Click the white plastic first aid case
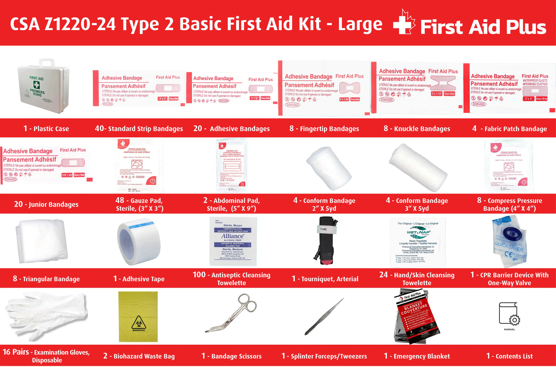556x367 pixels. [43, 87]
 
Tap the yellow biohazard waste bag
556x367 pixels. [138, 317]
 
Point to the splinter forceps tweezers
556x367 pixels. [324, 316]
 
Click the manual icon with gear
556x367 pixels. [509, 315]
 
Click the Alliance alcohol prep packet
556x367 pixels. [233, 241]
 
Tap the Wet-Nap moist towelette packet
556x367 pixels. [418, 242]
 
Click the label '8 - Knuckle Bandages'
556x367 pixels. [417, 128]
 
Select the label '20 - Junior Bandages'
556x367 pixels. [46, 204]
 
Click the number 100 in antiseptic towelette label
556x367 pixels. [199, 275]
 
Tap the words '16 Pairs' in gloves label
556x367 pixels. [16, 352]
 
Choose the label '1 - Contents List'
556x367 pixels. [509, 356]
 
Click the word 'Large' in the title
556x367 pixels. [360, 24]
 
